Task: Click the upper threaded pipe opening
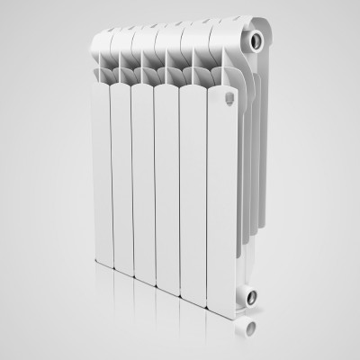coord(258,40)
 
